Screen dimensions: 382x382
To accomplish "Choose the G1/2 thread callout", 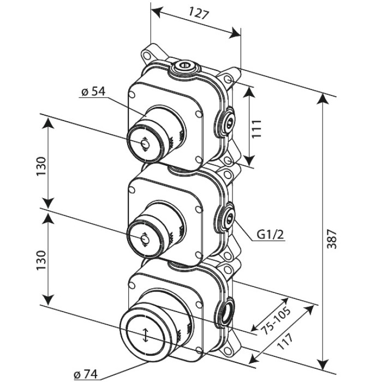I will click(x=271, y=235).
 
